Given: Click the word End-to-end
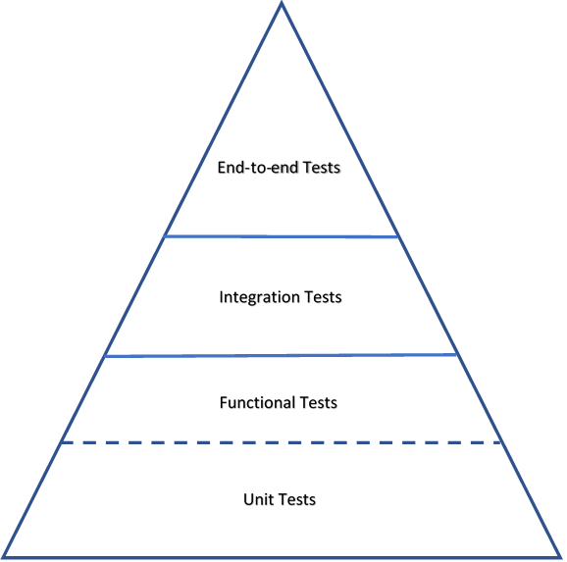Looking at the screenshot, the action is click(258, 168).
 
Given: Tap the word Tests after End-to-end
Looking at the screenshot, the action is click(322, 168).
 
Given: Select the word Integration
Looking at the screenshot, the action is click(260, 297).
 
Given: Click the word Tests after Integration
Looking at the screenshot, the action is click(323, 297).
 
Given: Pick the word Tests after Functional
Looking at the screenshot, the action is click(318, 402).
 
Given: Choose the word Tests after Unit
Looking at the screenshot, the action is click(297, 499).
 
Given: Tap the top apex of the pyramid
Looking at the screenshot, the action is click(282, 3).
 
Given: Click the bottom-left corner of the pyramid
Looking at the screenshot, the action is click(4, 557).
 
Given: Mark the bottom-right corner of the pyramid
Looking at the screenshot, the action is click(560, 557).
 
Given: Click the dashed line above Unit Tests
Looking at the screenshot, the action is click(281, 442).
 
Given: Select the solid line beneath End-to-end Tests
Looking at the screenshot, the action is click(281, 237).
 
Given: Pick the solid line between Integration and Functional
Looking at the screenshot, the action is click(281, 356).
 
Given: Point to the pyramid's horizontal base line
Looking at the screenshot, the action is click(282, 557).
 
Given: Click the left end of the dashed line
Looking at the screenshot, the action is click(62, 442).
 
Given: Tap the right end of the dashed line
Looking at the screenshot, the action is click(500, 442).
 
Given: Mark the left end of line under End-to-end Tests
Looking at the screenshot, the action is click(165, 236).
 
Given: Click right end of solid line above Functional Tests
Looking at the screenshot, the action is click(456, 355).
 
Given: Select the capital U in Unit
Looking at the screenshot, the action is click(248, 499).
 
